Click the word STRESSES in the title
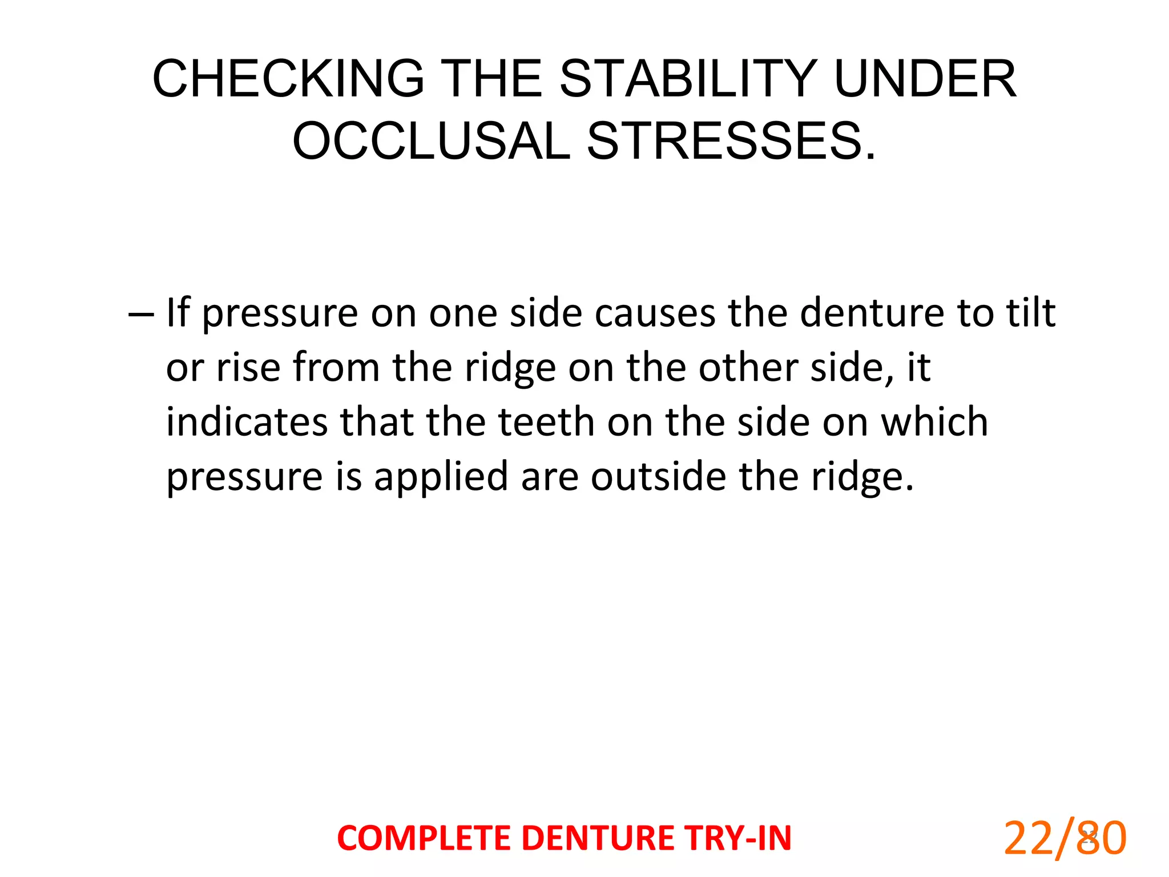tap(731, 141)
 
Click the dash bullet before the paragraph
tap(141, 314)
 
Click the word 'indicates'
tap(247, 422)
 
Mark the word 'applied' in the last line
tap(441, 477)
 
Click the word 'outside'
tap(658, 477)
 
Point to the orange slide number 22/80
tap(1065, 838)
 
